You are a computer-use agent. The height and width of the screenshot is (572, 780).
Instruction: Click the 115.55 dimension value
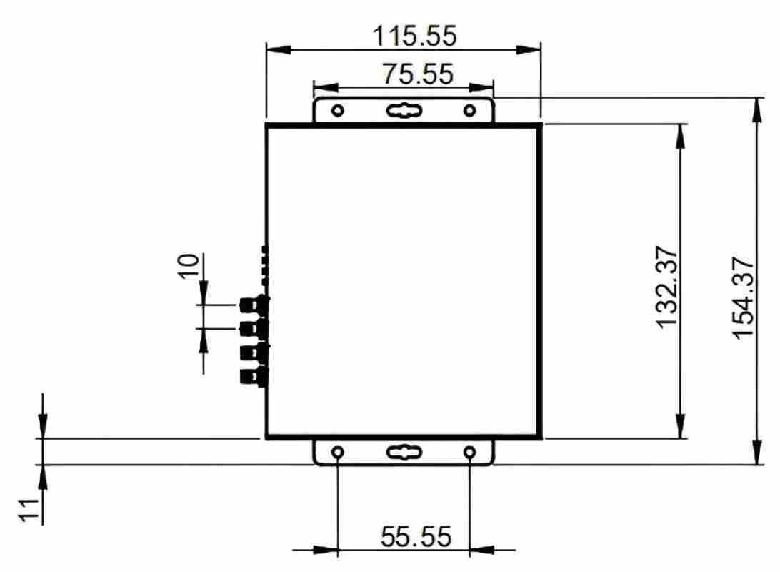[414, 36]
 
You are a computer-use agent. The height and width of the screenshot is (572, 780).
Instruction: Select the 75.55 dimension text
[418, 74]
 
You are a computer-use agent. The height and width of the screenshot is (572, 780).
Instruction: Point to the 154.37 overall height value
[744, 298]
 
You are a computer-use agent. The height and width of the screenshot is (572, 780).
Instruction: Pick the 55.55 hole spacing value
[416, 537]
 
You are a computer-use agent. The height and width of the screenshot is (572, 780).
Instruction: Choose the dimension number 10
[189, 266]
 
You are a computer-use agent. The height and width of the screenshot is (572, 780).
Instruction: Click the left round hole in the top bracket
[338, 110]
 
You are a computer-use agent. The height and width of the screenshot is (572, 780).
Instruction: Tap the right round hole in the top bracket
[469, 110]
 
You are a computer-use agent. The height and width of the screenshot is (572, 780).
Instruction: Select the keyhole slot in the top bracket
[404, 111]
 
